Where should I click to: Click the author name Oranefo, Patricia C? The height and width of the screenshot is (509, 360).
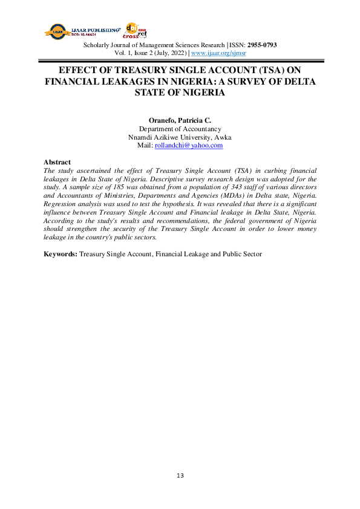pos(180,120)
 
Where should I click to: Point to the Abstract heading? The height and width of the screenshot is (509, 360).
pos(57,162)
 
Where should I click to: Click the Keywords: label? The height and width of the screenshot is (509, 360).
pos(61,254)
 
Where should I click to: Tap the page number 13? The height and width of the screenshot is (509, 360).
pos(180,476)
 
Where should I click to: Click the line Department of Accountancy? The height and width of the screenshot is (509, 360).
pos(180,129)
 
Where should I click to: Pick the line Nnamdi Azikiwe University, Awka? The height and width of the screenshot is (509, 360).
pos(180,137)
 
